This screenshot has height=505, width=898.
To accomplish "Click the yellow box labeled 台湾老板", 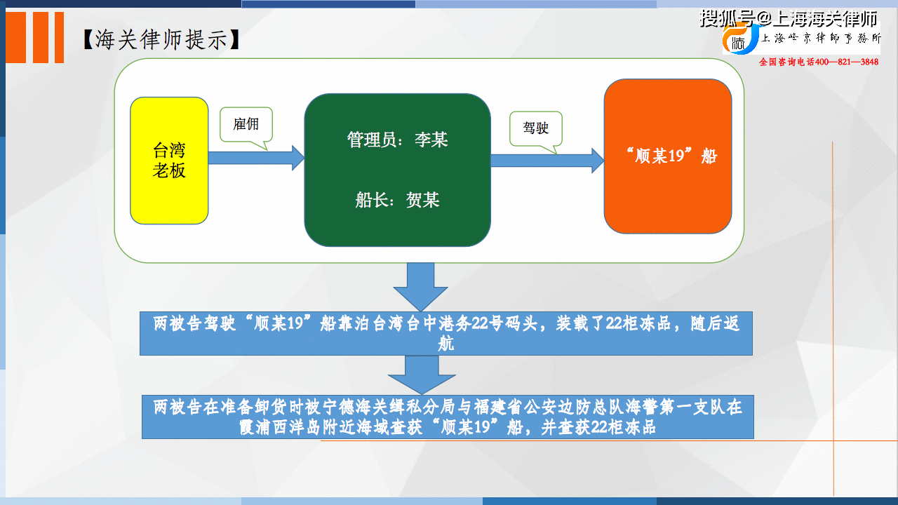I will coord(169,161).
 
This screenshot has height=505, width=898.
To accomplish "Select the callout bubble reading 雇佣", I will coord(246,126).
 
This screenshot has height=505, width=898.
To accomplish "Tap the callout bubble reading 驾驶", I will coord(536,128).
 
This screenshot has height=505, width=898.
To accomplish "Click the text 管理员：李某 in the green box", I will coord(397,140).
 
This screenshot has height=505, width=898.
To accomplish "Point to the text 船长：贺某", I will coord(397,201).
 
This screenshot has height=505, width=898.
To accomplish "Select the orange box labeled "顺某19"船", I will coord(667,156).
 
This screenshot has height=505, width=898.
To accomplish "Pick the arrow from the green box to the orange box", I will coord(547,161).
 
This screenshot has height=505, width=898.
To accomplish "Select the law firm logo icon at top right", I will coord(740,39).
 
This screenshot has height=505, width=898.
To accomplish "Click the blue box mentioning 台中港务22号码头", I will coord(446,333).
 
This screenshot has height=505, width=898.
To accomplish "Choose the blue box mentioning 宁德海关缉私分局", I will coord(448,417).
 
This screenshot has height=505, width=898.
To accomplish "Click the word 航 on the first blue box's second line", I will coord(446,344).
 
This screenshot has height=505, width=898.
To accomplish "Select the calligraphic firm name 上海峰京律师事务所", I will coord(821,39).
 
